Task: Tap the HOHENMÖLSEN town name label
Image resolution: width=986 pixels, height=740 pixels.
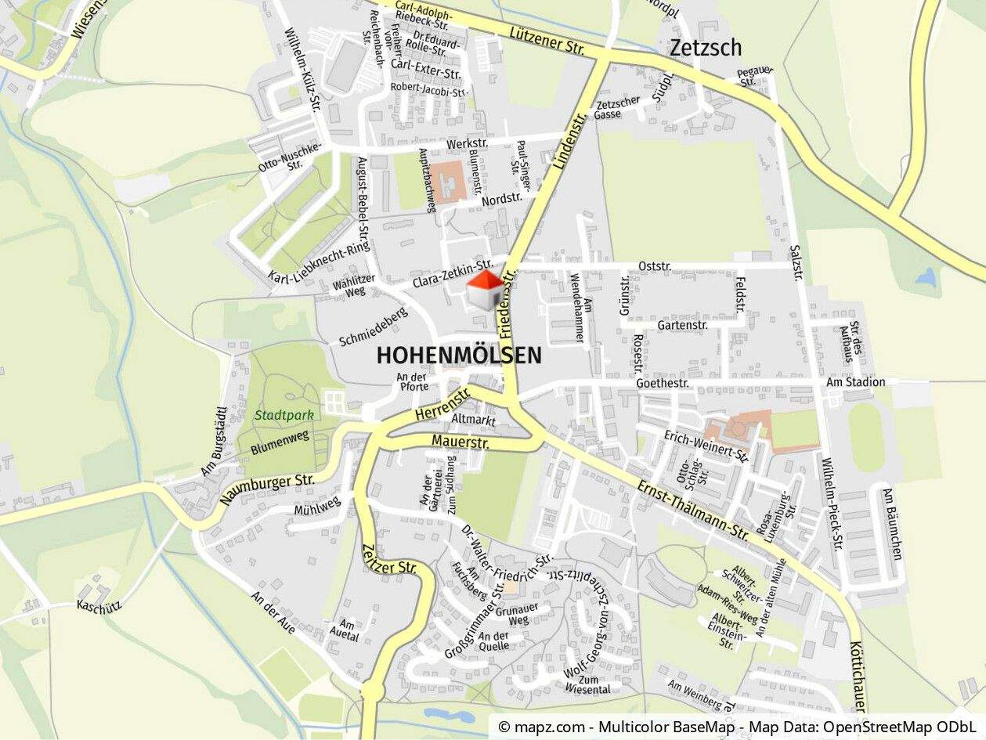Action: (x=459, y=356)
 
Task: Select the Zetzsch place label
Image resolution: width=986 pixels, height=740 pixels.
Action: (x=705, y=48)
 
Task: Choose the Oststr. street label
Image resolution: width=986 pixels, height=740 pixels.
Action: (x=655, y=266)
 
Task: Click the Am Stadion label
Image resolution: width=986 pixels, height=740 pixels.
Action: (x=856, y=382)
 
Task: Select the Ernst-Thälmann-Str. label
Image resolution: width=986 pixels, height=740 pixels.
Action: (x=693, y=508)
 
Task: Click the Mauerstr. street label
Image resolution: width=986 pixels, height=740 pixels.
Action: (x=460, y=442)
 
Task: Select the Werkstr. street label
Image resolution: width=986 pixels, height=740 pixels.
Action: (x=467, y=144)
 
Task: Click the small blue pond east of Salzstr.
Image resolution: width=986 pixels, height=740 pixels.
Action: (x=926, y=276)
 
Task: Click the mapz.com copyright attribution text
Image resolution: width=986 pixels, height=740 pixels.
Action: (x=737, y=727)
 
